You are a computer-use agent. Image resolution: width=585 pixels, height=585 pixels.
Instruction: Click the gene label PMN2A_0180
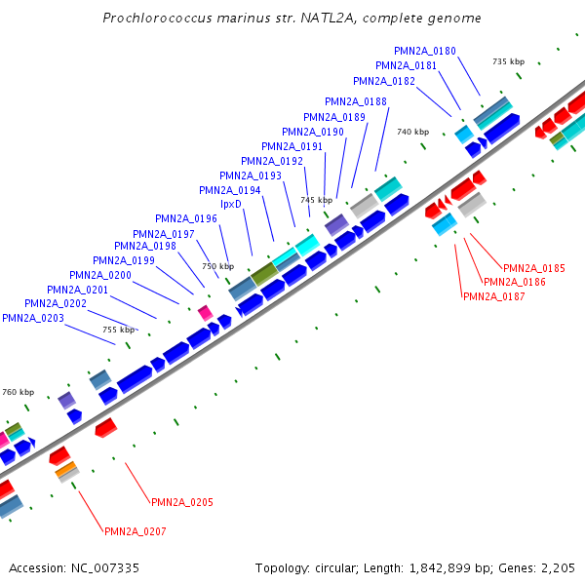(424, 51)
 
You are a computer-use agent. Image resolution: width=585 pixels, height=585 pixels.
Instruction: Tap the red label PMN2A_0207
(136, 531)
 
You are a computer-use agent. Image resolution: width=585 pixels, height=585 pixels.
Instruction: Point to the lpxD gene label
(231, 204)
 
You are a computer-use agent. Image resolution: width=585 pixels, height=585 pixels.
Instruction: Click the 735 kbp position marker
(508, 61)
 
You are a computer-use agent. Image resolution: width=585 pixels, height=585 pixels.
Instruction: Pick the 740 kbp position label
(412, 132)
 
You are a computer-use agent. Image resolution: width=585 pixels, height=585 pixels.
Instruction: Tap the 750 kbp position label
(217, 266)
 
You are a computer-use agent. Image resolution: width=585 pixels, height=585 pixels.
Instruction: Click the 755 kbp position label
(119, 330)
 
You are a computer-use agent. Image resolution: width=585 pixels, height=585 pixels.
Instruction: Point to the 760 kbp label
(18, 392)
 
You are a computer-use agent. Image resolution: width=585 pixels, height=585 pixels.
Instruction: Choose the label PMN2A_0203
(33, 318)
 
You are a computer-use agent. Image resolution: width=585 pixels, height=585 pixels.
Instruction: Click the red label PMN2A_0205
(181, 502)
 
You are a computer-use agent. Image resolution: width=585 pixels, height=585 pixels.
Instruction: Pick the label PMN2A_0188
(356, 101)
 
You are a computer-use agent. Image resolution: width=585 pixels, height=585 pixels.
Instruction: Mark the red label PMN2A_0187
(493, 296)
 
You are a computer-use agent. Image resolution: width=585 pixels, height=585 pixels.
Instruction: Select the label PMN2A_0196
(186, 218)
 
